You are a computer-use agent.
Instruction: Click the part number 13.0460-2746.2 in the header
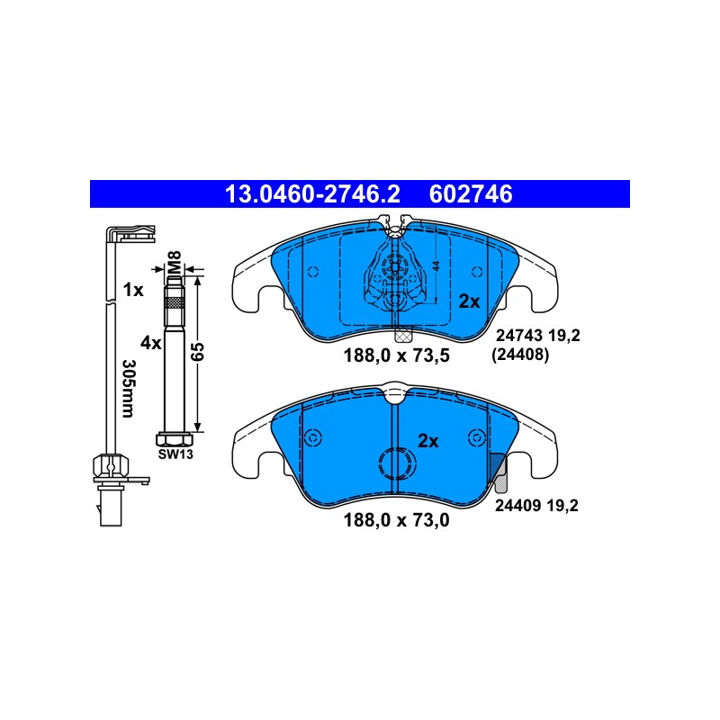pos(312,194)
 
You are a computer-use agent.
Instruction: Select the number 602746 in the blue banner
pos(471,194)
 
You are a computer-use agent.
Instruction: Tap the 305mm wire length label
pos(128,389)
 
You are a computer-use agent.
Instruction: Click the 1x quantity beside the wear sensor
pos(133,290)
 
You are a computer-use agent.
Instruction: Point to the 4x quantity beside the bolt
pos(150,343)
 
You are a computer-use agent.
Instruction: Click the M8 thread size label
pos(175,263)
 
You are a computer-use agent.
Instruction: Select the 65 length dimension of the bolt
pos(197,352)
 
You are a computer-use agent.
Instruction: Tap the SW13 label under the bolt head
pos(175,454)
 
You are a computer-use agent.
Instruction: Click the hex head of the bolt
pos(175,439)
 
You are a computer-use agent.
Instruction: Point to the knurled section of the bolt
pos(175,303)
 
